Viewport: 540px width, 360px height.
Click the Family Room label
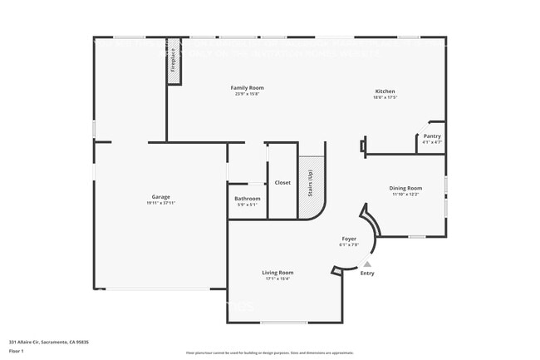[x=247, y=87]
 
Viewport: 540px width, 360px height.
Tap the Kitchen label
[x=385, y=91]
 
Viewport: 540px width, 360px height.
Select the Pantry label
[x=432, y=136]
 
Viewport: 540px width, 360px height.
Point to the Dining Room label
[x=405, y=188]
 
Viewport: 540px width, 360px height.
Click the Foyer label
[x=349, y=239]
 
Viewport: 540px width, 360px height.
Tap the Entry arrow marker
[x=367, y=264]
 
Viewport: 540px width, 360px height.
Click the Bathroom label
[x=248, y=199]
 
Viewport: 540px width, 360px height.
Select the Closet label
[x=282, y=182]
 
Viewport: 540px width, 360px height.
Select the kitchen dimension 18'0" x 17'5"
[x=385, y=97]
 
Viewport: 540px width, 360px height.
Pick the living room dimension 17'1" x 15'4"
[x=277, y=279]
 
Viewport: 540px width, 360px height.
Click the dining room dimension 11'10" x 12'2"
[x=405, y=195]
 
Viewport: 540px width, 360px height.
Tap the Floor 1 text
[x=17, y=351]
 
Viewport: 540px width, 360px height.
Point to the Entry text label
[x=367, y=273]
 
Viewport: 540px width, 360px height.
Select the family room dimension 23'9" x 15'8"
[x=247, y=94]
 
